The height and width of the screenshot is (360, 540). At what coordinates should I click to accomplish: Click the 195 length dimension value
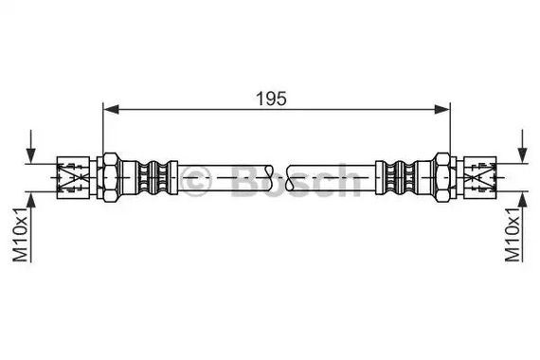click(x=271, y=99)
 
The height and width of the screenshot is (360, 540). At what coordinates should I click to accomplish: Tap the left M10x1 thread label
click(x=20, y=235)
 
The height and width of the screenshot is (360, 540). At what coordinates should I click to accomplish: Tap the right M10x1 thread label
click(x=513, y=235)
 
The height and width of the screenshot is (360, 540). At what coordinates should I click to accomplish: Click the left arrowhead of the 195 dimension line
click(x=111, y=110)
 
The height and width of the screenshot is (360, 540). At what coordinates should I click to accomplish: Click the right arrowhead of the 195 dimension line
click(x=442, y=110)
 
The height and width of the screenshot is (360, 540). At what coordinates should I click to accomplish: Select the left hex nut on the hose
click(x=111, y=177)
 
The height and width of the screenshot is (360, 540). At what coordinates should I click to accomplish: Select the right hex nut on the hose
click(x=442, y=177)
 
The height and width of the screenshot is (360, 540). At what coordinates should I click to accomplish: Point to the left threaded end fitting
click(x=73, y=177)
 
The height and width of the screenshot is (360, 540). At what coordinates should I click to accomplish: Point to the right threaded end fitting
click(x=480, y=177)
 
